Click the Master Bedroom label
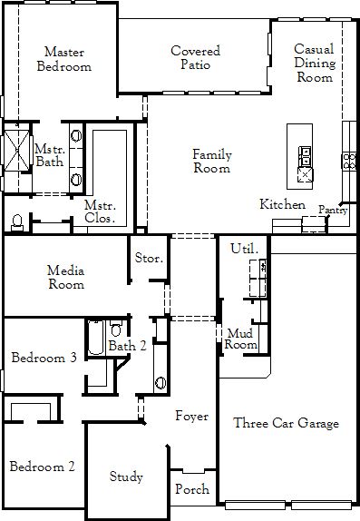[x=64, y=59]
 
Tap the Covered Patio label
[x=195, y=57]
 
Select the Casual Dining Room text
[x=315, y=63]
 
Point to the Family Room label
[x=212, y=162]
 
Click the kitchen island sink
[x=305, y=156]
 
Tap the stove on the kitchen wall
[x=349, y=162]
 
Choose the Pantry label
[x=333, y=210]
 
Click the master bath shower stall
[x=16, y=151]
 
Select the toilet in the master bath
[x=17, y=222]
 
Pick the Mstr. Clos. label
[x=100, y=211]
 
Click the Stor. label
[x=149, y=258]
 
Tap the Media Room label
[x=66, y=278]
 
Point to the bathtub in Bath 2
[x=96, y=338]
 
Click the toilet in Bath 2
[x=116, y=329]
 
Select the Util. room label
[x=244, y=249]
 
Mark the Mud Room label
[x=241, y=339]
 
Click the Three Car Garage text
[x=286, y=423]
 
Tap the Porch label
[x=192, y=489]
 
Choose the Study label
[x=126, y=477]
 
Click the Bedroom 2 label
[x=43, y=467]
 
